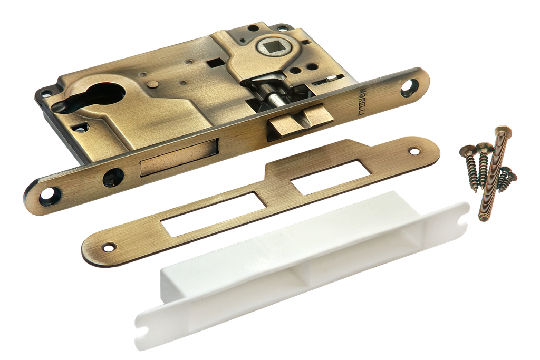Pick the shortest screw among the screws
(x=507, y=175)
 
